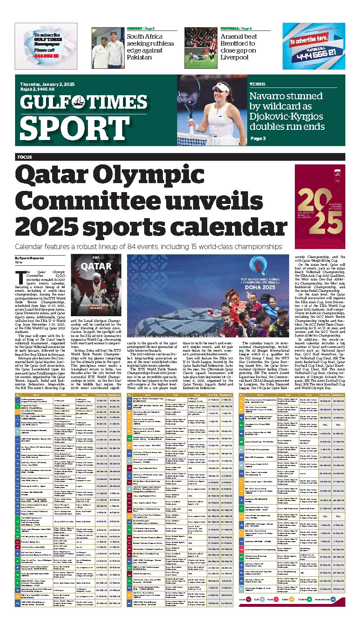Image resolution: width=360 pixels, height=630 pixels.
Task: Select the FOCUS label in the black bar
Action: point(25,157)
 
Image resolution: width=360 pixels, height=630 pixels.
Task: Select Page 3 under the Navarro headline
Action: point(258,138)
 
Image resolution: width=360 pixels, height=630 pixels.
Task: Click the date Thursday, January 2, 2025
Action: point(47,84)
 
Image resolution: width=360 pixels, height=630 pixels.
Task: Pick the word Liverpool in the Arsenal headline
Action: point(235,57)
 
